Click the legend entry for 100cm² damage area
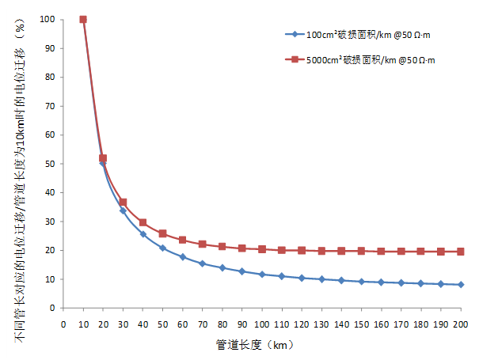[360, 34]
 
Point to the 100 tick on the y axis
[51, 19]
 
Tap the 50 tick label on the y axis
[53, 164]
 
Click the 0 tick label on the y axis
[55, 308]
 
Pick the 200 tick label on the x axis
[461, 324]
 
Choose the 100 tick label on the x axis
[262, 324]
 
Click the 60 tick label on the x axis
[182, 324]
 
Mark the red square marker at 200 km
[461, 252]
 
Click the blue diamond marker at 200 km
[461, 284]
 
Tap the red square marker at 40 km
[143, 222]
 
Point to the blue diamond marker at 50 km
[162, 248]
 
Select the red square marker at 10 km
[83, 19]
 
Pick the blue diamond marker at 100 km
[262, 275]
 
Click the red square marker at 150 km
[361, 251]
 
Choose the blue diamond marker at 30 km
[123, 210]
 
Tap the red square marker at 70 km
[202, 244]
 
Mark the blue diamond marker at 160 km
[381, 282]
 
